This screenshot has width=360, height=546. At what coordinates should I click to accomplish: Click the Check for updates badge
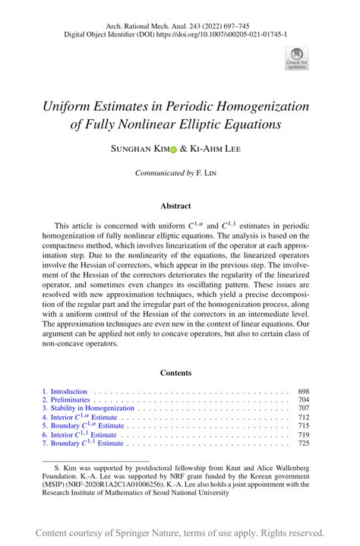pos(296,58)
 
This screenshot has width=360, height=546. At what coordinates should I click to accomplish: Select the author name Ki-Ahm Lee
pos(215,150)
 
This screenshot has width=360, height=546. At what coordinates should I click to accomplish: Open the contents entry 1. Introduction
pos(65,391)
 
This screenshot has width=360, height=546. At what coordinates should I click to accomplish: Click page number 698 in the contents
pos(304,391)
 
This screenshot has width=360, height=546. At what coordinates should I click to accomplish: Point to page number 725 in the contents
pos(304,443)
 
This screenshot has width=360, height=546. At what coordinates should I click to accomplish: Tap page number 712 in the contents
pos(304,417)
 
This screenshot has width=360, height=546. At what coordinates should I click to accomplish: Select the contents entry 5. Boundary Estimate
pos(83,426)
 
